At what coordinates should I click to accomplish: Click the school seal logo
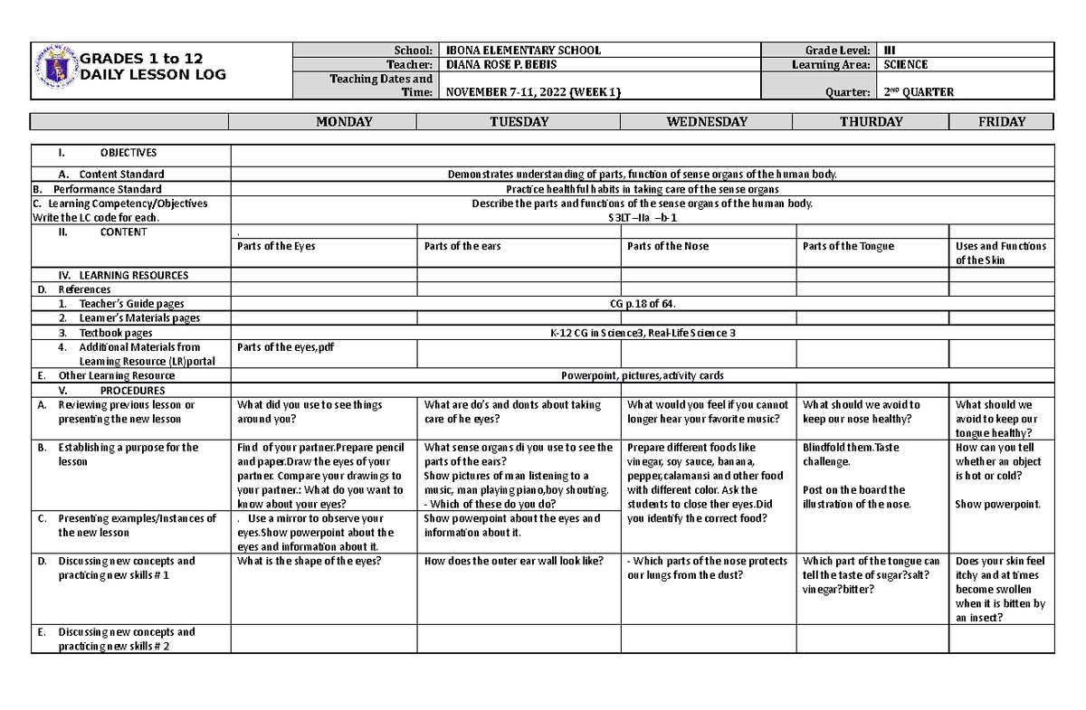(57, 70)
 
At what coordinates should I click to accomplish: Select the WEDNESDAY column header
(707, 122)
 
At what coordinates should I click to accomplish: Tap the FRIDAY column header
(1002, 122)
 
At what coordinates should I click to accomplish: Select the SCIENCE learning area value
(906, 65)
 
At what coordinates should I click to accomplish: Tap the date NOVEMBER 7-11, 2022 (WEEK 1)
(531, 92)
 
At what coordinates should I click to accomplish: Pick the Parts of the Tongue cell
(848, 246)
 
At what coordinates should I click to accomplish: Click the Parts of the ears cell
(462, 246)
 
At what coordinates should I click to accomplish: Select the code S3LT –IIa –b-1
(642, 218)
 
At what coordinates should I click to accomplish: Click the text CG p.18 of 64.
(643, 304)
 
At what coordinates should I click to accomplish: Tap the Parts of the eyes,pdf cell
(285, 347)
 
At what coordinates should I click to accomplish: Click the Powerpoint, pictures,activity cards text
(642, 375)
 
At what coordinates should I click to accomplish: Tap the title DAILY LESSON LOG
(153, 74)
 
